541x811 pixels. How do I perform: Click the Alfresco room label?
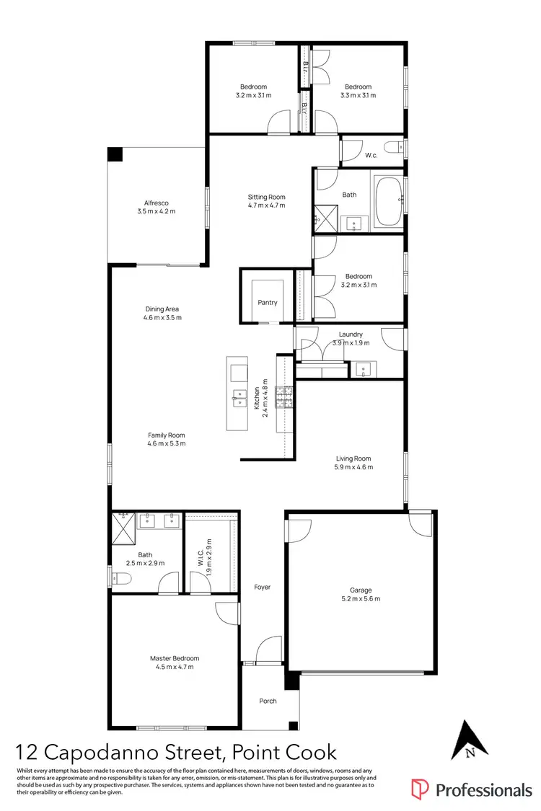[x=156, y=203]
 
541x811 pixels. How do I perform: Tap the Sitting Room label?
[x=267, y=197]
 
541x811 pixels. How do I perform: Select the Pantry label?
[x=268, y=303]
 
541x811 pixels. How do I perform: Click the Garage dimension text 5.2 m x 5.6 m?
[x=361, y=598]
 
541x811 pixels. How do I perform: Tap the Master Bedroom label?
[x=175, y=657]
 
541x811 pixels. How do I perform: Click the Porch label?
[x=268, y=701]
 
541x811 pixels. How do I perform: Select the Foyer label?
[x=263, y=587]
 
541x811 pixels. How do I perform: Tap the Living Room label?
[x=353, y=458]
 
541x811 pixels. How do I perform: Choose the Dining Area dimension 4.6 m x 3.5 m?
[x=162, y=318]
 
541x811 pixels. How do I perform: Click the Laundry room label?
[x=351, y=334]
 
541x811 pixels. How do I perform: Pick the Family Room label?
[x=167, y=435]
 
